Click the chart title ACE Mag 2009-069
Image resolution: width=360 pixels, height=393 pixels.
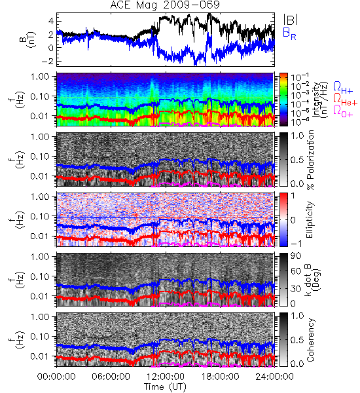(x=165, y=5)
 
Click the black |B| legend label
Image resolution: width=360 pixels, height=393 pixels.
(x=291, y=20)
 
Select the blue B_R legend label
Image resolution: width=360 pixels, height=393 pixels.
(x=289, y=33)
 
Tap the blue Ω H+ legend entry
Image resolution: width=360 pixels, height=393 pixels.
(x=343, y=88)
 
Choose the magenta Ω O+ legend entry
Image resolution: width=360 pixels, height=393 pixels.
(x=343, y=111)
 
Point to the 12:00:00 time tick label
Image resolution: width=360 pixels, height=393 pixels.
(x=166, y=377)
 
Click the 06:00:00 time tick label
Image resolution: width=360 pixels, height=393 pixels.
(x=111, y=377)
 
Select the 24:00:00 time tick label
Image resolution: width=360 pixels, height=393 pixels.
(x=274, y=377)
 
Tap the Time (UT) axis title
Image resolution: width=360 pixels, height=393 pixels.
(x=166, y=387)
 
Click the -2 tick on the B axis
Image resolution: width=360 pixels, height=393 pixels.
(x=47, y=61)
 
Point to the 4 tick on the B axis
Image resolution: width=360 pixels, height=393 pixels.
(x=51, y=21)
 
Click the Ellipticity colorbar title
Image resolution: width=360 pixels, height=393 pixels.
(x=310, y=220)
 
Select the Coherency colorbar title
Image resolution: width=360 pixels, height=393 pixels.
(x=310, y=340)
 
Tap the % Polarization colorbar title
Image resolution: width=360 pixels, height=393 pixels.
(x=310, y=160)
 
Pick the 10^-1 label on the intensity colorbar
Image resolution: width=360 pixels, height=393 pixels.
(x=297, y=77)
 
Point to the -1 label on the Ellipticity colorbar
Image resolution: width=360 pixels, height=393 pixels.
(x=296, y=244)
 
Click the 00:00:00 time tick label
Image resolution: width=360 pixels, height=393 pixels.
(x=56, y=377)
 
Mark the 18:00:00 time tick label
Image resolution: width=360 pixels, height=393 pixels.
(x=220, y=377)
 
